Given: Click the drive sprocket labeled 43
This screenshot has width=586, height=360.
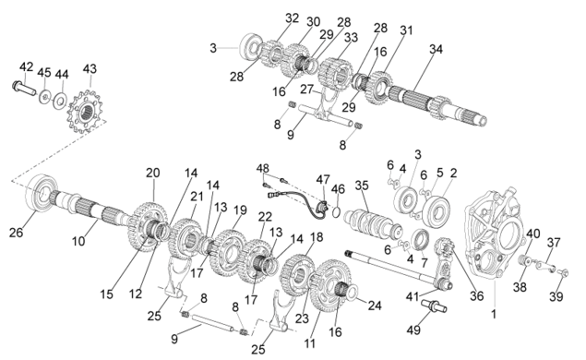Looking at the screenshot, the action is (87, 112).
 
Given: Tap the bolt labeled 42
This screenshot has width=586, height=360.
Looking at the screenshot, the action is (23, 88).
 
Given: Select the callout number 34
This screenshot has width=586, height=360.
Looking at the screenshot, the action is (436, 49).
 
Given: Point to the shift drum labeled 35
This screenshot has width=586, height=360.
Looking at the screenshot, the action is (374, 223).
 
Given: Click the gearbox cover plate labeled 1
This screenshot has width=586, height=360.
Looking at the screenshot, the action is (494, 234).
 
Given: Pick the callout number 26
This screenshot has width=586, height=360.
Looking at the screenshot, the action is (16, 232).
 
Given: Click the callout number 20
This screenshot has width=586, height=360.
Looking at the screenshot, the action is (153, 173).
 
